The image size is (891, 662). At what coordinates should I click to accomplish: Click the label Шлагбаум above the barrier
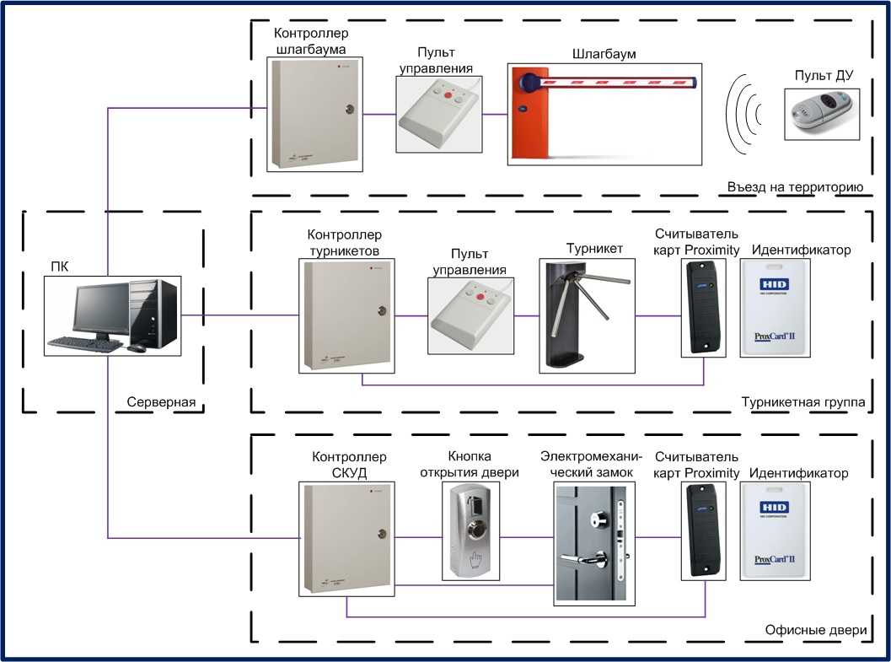[604, 54]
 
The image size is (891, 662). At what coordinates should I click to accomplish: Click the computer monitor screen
[99, 310]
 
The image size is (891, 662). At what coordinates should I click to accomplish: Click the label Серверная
[161, 402]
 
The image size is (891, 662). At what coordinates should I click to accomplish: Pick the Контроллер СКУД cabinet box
[346, 537]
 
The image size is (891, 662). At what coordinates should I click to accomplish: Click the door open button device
[470, 531]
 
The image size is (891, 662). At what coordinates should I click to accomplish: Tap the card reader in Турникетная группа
[703, 306]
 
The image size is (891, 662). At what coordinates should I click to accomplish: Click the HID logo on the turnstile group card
[773, 283]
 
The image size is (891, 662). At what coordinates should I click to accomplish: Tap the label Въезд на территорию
[795, 186]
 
